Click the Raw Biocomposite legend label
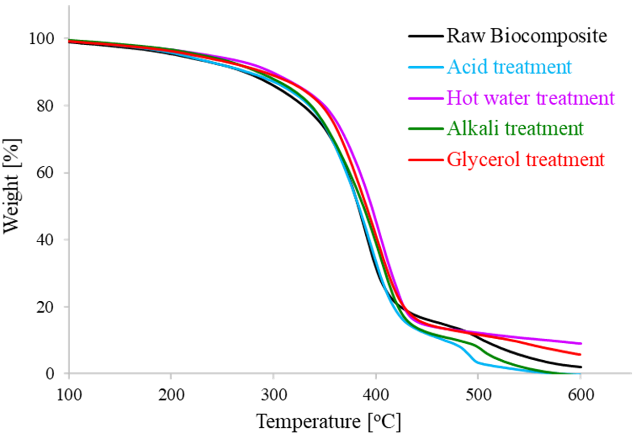527,36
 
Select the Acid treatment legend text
509,67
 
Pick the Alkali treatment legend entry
515,128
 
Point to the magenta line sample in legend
426,98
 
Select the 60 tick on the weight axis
45,173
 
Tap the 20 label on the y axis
45,307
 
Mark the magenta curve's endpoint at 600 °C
580,343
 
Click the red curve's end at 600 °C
580,355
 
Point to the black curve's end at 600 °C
580,367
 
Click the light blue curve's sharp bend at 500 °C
477,362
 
